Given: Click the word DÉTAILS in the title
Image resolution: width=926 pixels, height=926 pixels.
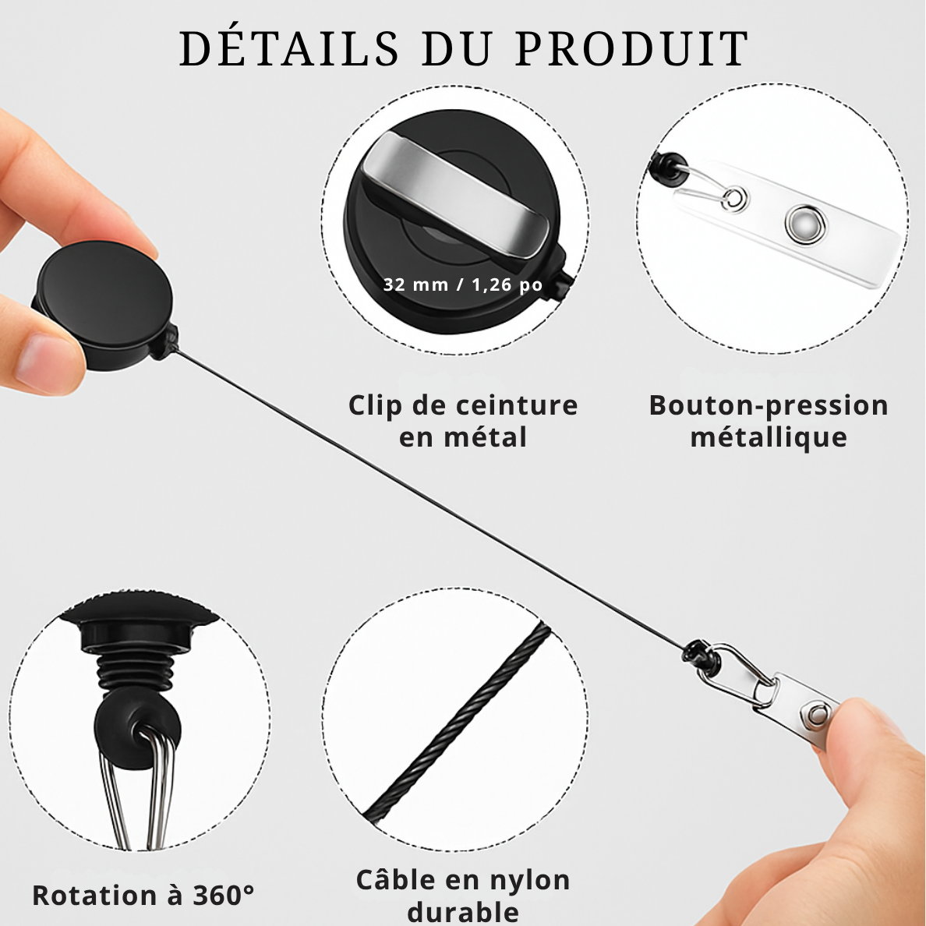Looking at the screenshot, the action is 289,48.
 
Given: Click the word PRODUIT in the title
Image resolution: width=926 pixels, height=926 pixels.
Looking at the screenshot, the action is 632,48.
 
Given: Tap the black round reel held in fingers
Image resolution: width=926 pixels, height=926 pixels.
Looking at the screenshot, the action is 105,304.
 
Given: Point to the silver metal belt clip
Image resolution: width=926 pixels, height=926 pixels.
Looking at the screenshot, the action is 455,194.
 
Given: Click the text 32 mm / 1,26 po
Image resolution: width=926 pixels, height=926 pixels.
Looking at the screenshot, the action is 462,285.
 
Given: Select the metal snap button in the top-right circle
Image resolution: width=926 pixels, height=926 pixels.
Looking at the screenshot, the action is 804,224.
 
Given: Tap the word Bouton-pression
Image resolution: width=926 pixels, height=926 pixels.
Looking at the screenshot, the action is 769,406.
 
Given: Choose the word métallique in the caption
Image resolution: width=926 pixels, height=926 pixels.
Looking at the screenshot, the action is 769,437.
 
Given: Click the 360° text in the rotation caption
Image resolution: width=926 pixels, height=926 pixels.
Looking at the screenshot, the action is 224,896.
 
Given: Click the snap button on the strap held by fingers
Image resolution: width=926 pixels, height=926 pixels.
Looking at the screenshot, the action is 817,716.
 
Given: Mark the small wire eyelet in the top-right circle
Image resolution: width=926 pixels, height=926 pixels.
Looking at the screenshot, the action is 733,198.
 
